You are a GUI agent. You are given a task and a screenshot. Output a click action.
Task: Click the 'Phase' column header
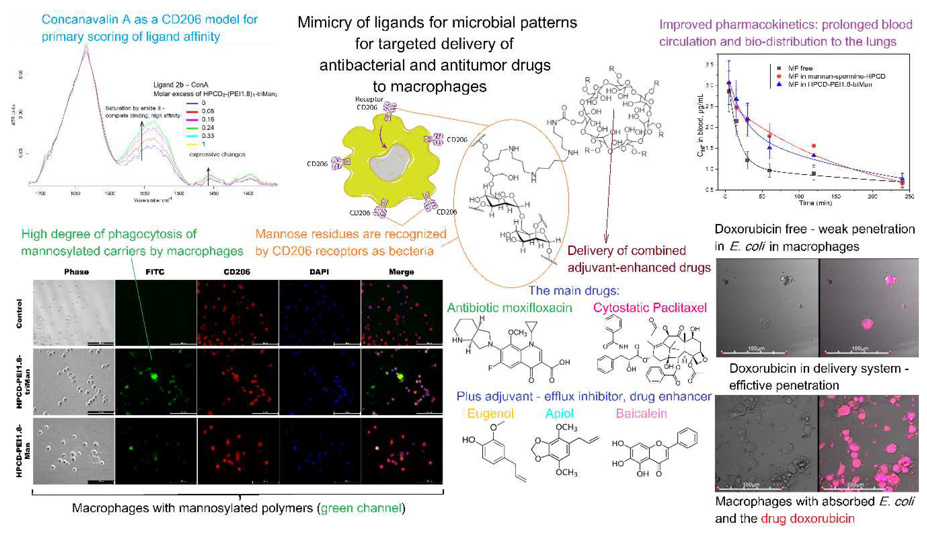click(x=76, y=272)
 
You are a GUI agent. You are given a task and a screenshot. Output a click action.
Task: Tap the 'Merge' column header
click(x=401, y=272)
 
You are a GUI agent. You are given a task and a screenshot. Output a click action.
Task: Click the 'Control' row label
click(x=19, y=313)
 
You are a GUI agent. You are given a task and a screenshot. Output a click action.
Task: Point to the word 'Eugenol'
click(x=490, y=413)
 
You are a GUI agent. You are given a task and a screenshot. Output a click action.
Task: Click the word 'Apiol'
click(x=559, y=413)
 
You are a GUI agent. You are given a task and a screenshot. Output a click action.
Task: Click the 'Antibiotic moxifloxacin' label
click(x=509, y=307)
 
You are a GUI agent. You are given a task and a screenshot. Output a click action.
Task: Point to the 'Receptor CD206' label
click(x=369, y=103)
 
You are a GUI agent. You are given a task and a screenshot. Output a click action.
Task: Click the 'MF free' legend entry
click(x=800, y=68)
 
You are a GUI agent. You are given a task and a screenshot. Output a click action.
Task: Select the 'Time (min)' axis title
click(x=815, y=203)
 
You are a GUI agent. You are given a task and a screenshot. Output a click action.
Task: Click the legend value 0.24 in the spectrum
click(x=208, y=127)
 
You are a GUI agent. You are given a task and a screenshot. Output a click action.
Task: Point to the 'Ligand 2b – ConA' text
click(x=181, y=85)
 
